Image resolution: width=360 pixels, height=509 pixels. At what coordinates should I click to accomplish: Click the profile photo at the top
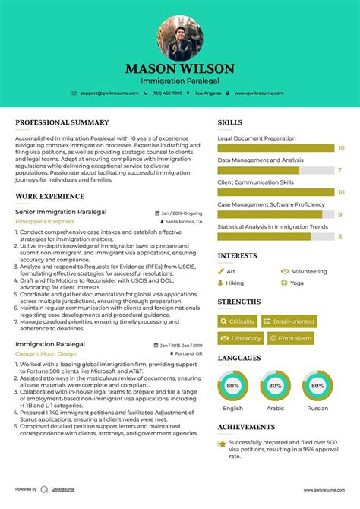pos(180,37)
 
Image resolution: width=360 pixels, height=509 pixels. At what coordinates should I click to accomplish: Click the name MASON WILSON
pos(180,69)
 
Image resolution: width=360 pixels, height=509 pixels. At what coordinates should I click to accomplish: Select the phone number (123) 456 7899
pos(166,93)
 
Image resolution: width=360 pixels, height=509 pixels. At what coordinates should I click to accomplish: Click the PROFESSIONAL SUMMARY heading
pos(62,122)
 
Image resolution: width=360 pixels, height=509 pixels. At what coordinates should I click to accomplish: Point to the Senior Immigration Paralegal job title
pos(61,212)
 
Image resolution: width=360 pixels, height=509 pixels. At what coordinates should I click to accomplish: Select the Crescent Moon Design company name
pos(46,353)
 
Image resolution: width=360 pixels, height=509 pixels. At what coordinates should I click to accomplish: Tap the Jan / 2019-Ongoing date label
pos(182,213)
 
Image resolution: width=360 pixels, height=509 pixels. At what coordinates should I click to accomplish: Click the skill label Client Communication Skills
pos(255,182)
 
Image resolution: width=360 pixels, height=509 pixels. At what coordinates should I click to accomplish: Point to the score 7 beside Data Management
pos(339,171)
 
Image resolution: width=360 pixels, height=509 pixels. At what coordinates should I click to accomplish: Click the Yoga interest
pos(296,283)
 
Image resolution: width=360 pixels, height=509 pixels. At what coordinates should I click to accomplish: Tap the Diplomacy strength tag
pos(241,338)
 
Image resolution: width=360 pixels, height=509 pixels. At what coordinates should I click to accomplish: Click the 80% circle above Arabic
pos(275,386)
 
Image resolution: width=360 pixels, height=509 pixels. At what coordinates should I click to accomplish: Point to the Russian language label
pos(317,408)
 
